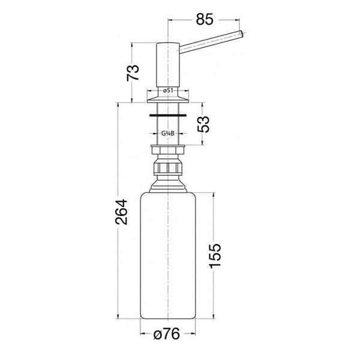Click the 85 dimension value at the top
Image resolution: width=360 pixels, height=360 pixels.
(x=205, y=19)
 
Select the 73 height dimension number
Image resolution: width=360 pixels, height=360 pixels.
(x=133, y=73)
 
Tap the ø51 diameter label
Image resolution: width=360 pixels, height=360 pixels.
(x=168, y=91)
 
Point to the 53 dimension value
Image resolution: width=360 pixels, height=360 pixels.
(x=203, y=124)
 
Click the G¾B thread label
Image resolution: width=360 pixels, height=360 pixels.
(x=167, y=133)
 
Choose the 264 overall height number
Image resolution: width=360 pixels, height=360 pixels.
(x=121, y=212)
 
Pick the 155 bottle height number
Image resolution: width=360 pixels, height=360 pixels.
(x=215, y=256)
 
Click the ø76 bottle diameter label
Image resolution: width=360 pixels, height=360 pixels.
(x=167, y=334)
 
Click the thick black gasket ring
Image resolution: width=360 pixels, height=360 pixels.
(x=167, y=115)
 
